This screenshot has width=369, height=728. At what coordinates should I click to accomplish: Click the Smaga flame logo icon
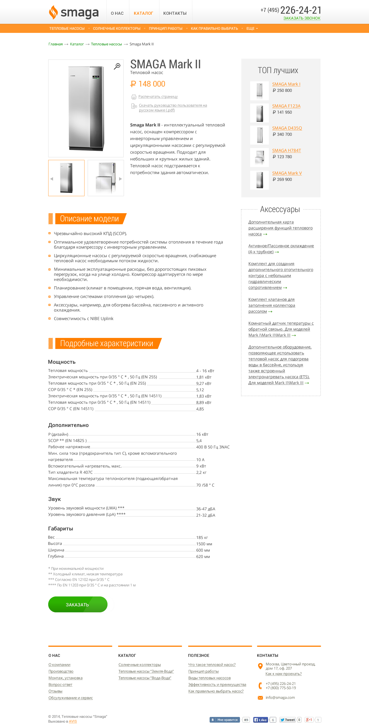tap(53, 12)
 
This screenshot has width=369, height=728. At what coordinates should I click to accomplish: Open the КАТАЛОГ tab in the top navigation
tap(143, 13)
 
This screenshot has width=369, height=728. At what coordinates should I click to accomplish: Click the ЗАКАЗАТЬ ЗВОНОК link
tap(302, 18)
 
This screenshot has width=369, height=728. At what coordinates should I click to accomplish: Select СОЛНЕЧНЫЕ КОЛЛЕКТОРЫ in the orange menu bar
tap(117, 29)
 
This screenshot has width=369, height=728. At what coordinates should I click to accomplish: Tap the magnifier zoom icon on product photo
tap(117, 66)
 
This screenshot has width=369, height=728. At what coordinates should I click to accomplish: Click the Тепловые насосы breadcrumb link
tap(106, 44)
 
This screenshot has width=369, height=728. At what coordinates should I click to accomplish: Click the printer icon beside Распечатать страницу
tap(134, 97)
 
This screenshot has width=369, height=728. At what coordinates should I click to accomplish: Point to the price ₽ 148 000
tap(148, 84)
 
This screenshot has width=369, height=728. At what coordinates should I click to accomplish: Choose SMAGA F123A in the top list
tap(286, 106)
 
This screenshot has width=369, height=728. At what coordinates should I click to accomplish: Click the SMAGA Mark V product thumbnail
tap(260, 180)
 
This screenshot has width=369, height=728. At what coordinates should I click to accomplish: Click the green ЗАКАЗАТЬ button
tap(78, 604)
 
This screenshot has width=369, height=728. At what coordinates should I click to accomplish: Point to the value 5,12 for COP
tap(200, 390)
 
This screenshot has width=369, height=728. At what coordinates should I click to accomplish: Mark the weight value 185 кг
tap(202, 537)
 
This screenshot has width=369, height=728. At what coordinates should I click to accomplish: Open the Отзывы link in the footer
tap(55, 691)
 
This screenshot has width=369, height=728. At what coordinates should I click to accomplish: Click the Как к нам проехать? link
tap(283, 674)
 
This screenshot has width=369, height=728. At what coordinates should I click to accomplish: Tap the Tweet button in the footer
tap(288, 720)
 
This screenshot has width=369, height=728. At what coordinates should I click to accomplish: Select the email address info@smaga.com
tap(280, 697)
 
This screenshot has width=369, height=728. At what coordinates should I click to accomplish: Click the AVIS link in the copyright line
tap(73, 721)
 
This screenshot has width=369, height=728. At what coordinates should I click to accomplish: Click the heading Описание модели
tap(89, 219)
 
